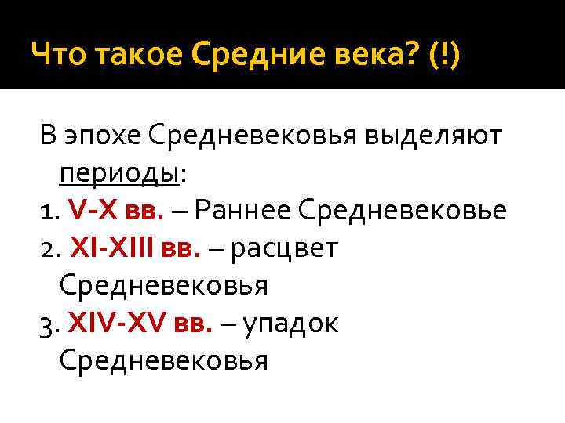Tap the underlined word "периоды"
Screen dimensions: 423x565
[118, 174]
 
